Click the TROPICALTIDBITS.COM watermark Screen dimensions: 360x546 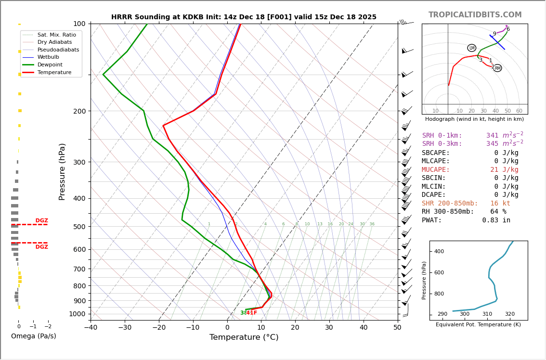pos(475,15)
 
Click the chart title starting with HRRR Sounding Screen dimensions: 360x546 pos(244,17)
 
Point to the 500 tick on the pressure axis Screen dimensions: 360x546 pos(79,227)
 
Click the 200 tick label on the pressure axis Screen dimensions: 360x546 pos(79,111)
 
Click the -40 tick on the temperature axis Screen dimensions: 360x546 pos(91,328)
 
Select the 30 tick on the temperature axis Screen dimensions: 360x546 pos(329,328)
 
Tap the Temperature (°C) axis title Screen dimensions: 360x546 pos(244,338)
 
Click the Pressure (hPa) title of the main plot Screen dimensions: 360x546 pos(63,171)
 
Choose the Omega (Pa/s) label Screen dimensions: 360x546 pos(34,336)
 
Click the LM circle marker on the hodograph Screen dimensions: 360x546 pos(472,48)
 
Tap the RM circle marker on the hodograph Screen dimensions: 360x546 pos(498,68)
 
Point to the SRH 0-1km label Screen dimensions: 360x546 pos(442,136)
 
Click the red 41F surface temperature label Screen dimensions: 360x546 pos(252,313)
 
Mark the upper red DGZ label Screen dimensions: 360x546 pos(41,221)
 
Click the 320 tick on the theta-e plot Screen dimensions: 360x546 pos(510,314)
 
